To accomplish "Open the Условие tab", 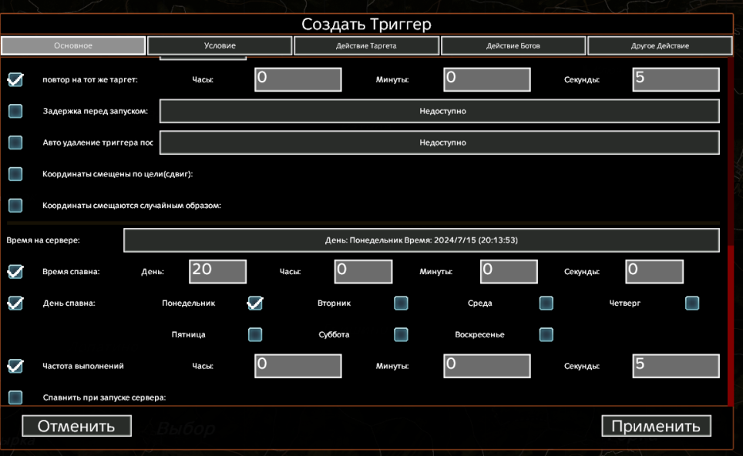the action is pos(220,45).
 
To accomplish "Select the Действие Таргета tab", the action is pos(366,45).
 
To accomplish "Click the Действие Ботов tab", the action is pos(513,45).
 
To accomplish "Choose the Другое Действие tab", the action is pos(660,45).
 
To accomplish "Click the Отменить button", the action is pos(76,426).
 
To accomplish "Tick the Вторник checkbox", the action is pos(401,303).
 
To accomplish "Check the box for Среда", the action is pos(546,303).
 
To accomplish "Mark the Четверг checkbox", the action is pos(692,303).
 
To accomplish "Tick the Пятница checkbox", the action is pos(255,334).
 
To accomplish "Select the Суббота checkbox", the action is pos(401,334).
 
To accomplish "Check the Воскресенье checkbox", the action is pos(546,334).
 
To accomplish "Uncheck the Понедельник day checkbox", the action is pos(255,303).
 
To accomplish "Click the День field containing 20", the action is pos(217,271).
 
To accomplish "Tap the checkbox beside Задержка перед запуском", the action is pos(15,111).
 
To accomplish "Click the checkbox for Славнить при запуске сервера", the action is pos(15,397).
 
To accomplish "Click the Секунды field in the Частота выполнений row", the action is pos(676,366).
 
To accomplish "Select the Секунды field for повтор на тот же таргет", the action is pos(676,79).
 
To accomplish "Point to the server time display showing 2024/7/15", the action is pos(422,240).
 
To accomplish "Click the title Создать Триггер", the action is pos(366,24).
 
